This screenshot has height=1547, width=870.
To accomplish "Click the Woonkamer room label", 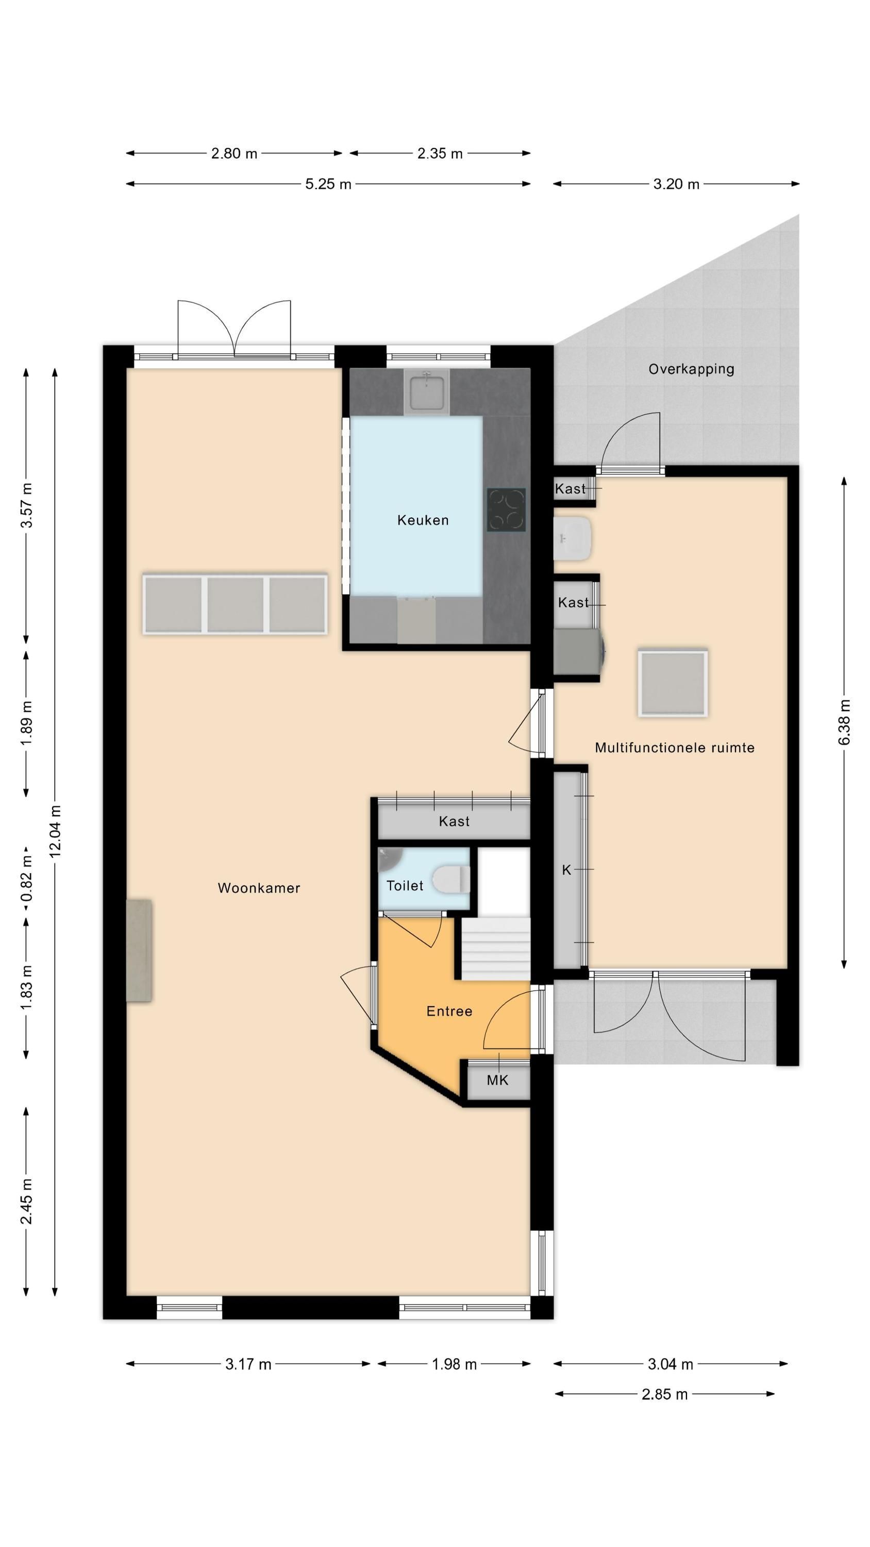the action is pos(259,887).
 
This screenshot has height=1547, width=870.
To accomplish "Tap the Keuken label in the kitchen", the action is pos(423,520).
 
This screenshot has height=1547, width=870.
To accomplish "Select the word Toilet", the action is pos(405,885).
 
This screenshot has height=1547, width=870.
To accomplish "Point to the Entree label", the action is pos(449,1011).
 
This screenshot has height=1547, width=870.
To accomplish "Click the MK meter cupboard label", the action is pos(497,1080).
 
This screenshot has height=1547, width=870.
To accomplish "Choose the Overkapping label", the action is pos(691,369).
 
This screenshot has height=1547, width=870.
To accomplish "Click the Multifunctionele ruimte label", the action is pos(674,748).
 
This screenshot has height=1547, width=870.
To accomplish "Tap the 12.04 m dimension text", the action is pos(55,832).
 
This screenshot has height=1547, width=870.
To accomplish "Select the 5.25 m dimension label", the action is pos(328,184).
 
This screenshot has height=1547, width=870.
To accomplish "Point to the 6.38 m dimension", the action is pos(844,722).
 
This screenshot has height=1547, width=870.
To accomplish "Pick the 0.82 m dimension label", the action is pos(26,880).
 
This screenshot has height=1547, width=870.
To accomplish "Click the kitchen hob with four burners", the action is pos(506,510).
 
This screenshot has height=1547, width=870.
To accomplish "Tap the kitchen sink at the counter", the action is pos(426,391).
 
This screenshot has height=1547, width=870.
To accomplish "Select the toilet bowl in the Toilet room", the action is pos(451,879).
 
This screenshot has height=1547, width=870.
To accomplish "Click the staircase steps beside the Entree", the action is pos(496,949).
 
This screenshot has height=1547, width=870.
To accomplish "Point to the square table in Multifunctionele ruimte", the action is pos(673,683).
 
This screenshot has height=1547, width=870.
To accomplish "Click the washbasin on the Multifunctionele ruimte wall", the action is pos(573,538).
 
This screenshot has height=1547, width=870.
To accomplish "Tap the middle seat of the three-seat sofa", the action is pos(236,605).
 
